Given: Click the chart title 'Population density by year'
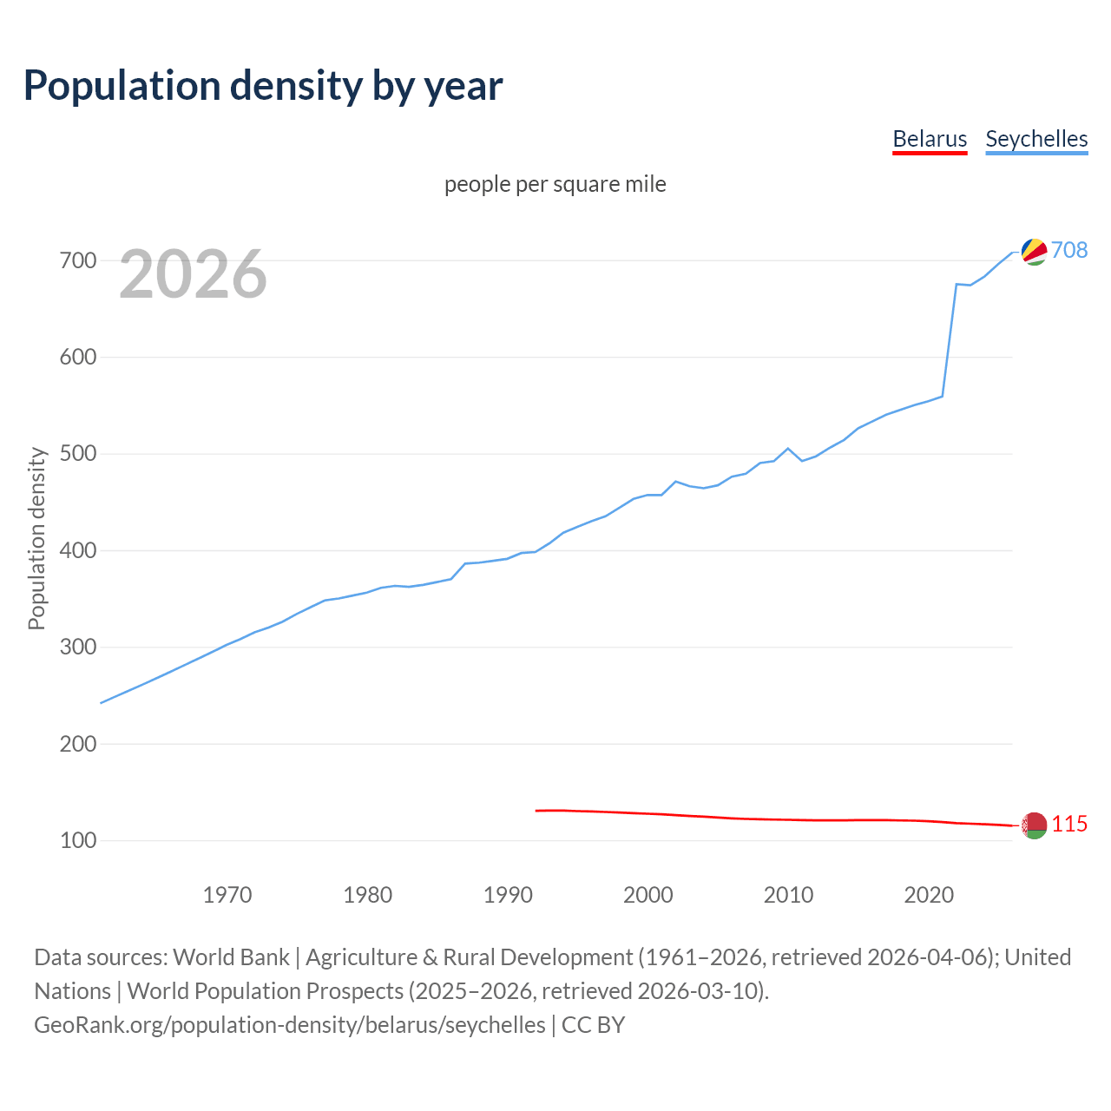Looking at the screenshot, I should coord(263,85).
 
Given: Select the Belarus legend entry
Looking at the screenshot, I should coord(930,139).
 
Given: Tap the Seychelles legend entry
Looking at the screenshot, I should coord(1036,139).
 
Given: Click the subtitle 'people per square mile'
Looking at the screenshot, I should coord(555,184).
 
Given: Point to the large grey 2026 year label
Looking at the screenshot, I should coord(193,274).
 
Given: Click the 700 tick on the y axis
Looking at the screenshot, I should coord(77,260).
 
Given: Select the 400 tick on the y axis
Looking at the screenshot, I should coord(77,550).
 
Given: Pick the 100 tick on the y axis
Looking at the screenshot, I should coord(77,840).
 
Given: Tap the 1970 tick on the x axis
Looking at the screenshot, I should coord(227,894).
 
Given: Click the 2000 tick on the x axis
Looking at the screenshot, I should coord(648,894).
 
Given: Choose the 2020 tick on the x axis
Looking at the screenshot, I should coord(929,894).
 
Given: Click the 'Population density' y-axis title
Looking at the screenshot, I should coord(36,538).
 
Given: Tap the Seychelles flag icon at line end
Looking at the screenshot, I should coord(1034,251).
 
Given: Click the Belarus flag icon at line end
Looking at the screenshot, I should coord(1034,825).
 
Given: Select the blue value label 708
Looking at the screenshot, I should coord(1069,250).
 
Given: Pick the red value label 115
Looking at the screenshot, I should coord(1069,824).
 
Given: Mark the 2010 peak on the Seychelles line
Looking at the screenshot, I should coord(788,449).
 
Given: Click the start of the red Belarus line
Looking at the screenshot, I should coord(536,811).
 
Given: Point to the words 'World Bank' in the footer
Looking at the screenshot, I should coord(231,957).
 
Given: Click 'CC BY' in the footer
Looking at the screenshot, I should coord(593,1024).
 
